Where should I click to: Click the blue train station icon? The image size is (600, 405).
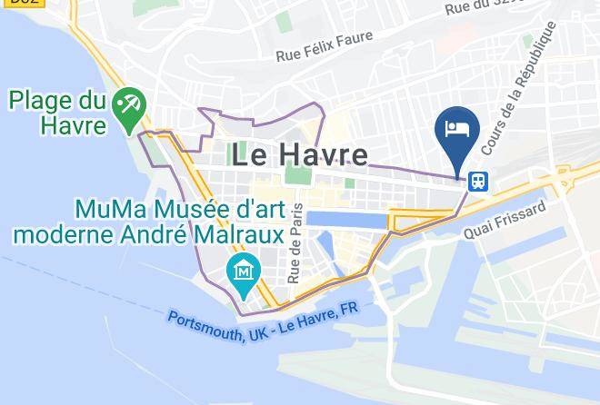(478, 181)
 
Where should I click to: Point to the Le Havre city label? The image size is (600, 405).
(299, 154)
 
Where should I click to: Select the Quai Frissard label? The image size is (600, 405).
(505, 221)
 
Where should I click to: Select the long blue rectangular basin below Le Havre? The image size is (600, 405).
(345, 219)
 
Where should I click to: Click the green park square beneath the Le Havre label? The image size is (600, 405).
(295, 175)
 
